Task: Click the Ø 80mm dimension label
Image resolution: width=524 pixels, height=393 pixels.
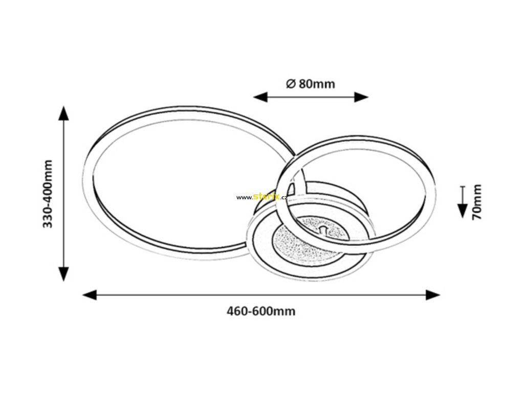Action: [311, 83]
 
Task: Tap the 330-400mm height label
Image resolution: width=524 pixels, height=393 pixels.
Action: [48, 194]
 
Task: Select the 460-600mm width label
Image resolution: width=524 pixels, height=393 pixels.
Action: [261, 312]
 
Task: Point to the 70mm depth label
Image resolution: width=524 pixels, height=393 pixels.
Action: [476, 202]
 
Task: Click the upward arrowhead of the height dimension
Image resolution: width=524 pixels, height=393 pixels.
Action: [63, 113]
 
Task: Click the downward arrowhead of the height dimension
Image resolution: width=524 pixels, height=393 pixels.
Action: [63, 274]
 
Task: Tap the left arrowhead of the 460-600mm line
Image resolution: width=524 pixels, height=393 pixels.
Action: [90, 295]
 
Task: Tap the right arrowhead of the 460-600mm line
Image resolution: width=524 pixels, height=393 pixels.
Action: [433, 295]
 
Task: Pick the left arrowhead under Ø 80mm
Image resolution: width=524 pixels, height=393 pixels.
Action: [260, 97]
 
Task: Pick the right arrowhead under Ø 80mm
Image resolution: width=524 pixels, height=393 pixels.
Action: [361, 97]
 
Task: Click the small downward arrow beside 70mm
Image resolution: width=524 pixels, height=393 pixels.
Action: [463, 202]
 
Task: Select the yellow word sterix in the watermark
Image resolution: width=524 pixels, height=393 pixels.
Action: [266, 196]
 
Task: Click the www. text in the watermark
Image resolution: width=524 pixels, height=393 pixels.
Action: [245, 198]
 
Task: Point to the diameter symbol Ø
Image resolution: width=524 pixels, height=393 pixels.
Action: [291, 83]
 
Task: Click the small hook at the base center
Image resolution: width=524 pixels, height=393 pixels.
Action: [323, 229]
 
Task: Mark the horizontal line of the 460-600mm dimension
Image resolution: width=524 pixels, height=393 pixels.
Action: [261, 295]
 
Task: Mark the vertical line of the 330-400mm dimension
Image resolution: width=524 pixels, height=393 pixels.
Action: [63, 193]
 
